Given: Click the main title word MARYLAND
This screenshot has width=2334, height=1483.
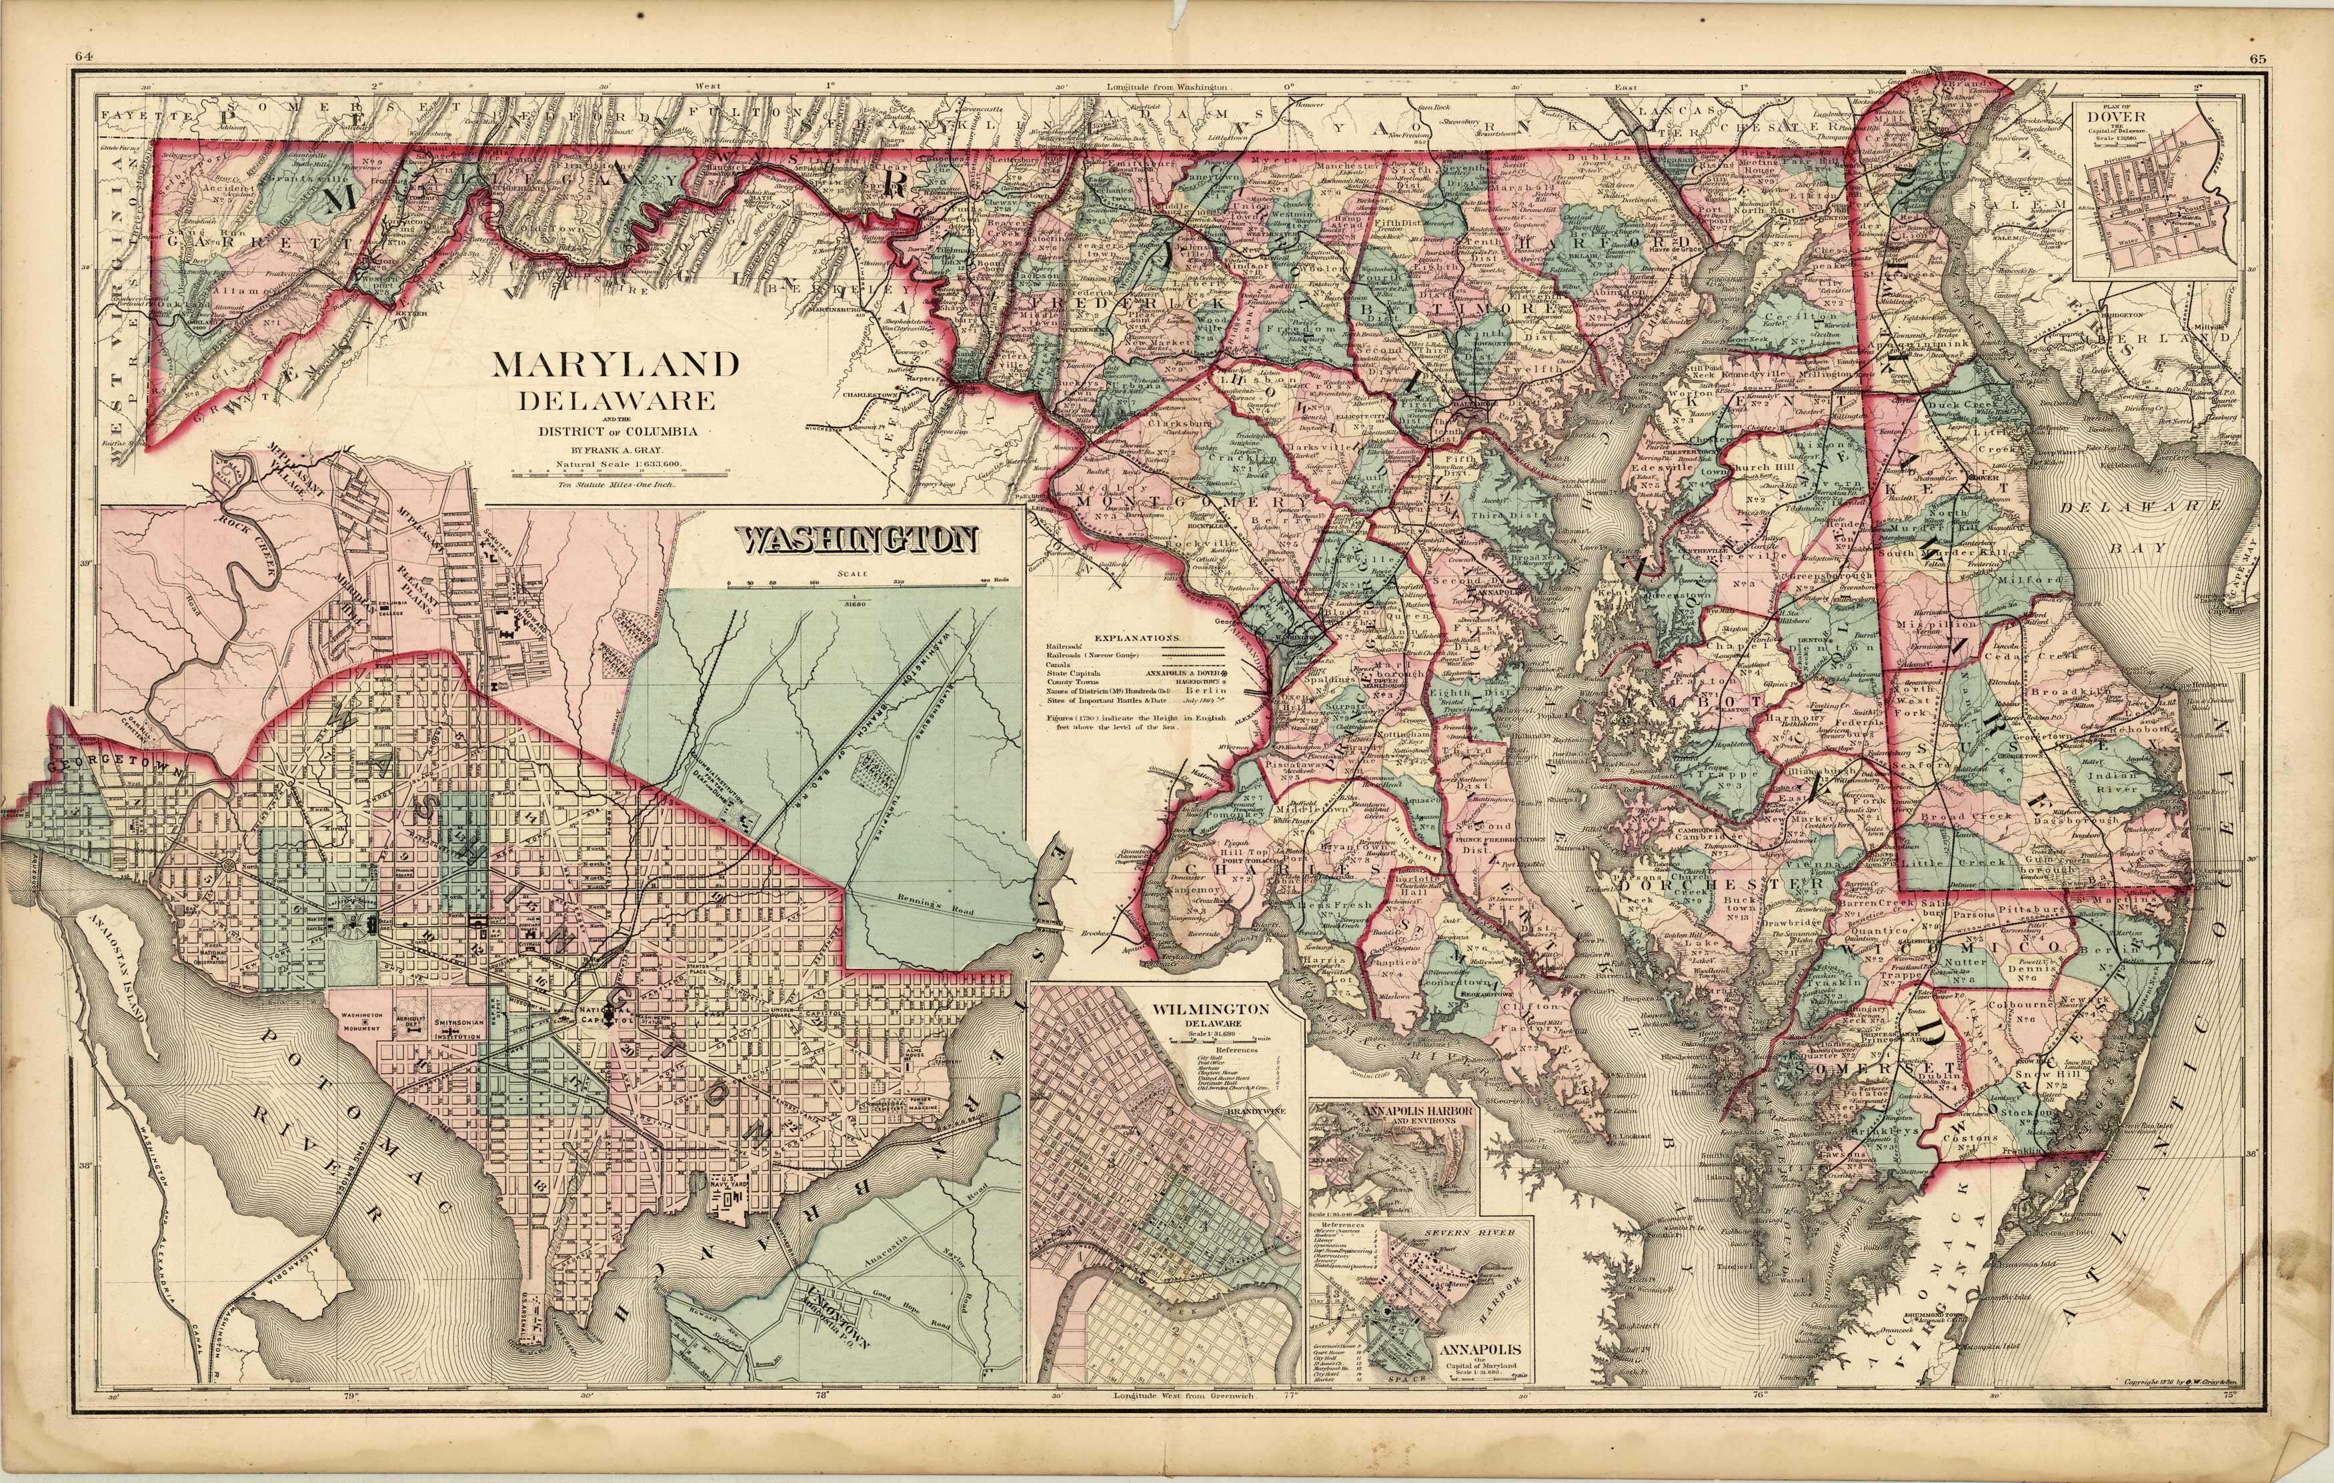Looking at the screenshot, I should (616, 366).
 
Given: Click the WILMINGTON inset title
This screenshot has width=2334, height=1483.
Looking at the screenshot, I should (1210, 1009).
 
